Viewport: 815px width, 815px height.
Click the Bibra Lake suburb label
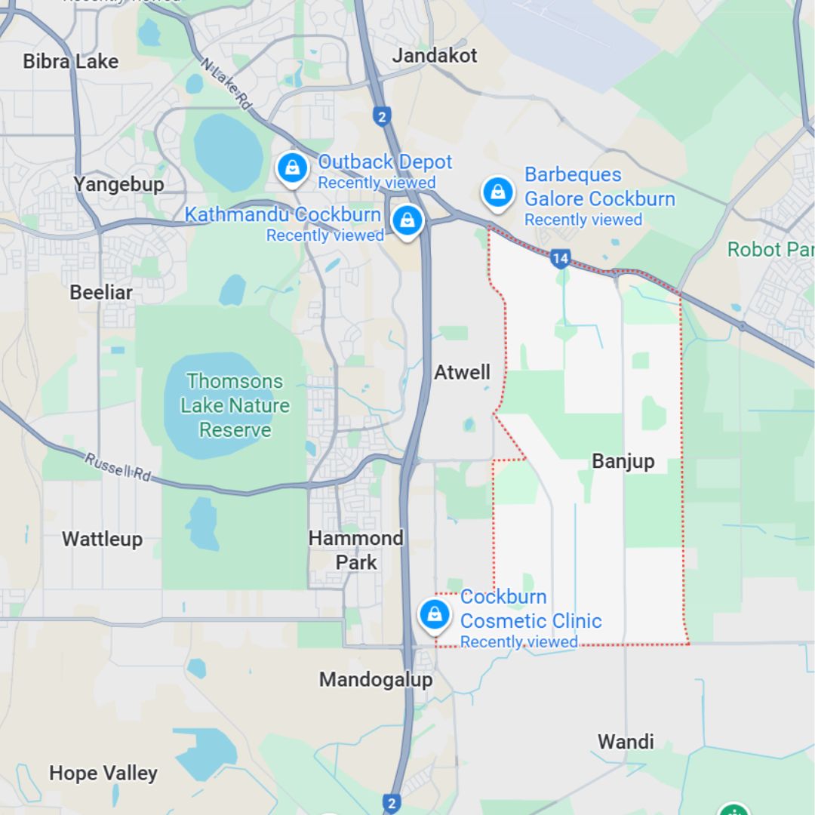[71, 61]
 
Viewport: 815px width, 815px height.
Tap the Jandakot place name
[435, 56]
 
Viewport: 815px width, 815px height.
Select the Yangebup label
[118, 184]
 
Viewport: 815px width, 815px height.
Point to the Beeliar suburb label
[101, 292]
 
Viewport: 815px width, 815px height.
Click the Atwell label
[462, 372]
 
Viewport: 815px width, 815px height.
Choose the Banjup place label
[623, 461]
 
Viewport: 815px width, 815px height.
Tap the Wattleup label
[102, 539]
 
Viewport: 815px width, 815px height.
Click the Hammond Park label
[356, 550]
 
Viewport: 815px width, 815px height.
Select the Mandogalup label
[376, 679]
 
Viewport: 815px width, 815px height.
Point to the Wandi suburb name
[626, 741]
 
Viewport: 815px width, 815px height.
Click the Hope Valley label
[103, 773]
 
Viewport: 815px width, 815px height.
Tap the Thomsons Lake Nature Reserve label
[235, 405]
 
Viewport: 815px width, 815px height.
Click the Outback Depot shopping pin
[292, 168]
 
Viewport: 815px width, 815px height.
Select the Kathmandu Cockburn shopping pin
[407, 220]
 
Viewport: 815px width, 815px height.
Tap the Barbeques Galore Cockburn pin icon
[498, 192]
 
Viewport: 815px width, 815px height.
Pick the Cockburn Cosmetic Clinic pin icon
[435, 614]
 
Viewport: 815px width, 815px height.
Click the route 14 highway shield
[559, 259]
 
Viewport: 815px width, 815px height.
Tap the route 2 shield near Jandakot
[382, 116]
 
